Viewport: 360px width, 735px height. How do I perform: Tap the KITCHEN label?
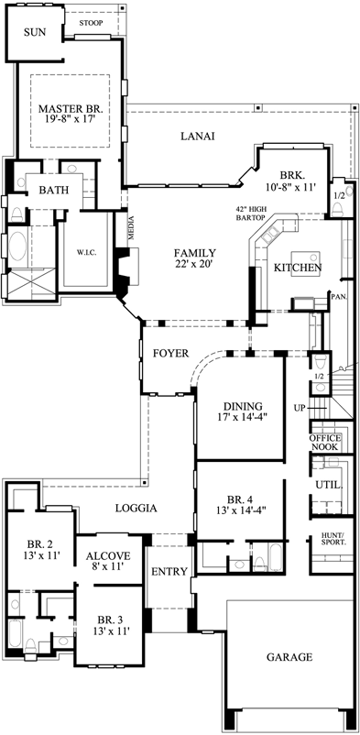click(x=298, y=269)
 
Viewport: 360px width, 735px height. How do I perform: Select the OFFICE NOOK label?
click(x=325, y=444)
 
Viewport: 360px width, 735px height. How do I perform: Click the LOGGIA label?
click(x=136, y=508)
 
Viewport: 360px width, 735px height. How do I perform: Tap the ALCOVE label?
click(x=108, y=555)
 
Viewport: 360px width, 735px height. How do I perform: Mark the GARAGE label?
click(x=289, y=657)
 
